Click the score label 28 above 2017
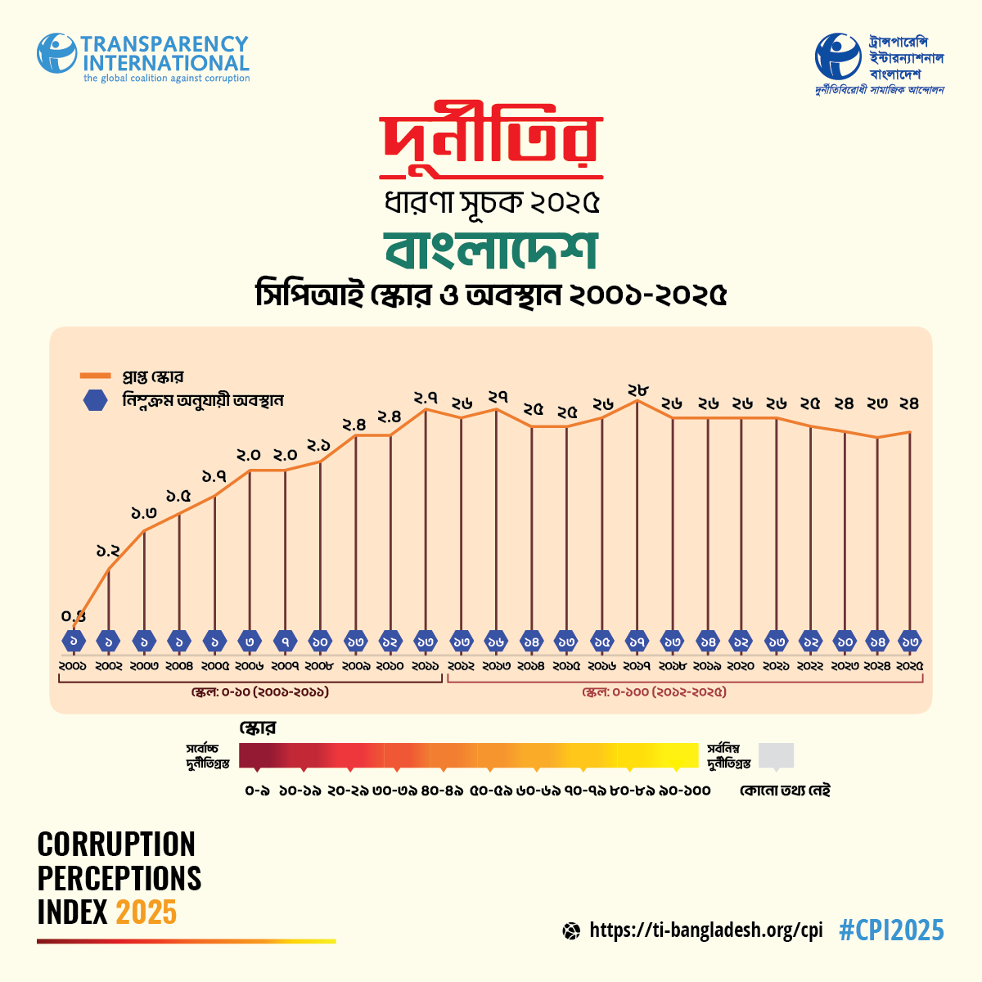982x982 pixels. tap(637, 390)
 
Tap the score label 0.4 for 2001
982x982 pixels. tap(74, 616)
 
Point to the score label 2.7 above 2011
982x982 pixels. tap(426, 399)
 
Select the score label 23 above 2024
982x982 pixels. tap(877, 403)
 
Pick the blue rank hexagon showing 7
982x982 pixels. tap(285, 642)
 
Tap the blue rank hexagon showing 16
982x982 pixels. tap(496, 642)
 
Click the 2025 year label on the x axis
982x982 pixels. tap(909, 666)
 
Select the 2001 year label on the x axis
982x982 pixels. tap(73, 666)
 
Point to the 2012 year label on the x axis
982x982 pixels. tap(461, 666)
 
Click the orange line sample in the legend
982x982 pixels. tap(97, 376)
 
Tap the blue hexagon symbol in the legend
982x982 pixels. tap(97, 401)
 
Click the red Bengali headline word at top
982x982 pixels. tap(491, 145)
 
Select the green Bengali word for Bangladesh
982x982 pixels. tap(491, 250)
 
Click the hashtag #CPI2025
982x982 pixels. tap(891, 930)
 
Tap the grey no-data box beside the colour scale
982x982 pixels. tap(776, 755)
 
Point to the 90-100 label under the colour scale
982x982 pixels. tap(684, 791)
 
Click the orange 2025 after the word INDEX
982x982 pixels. tap(146, 912)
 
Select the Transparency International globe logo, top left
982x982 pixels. tap(56, 52)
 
